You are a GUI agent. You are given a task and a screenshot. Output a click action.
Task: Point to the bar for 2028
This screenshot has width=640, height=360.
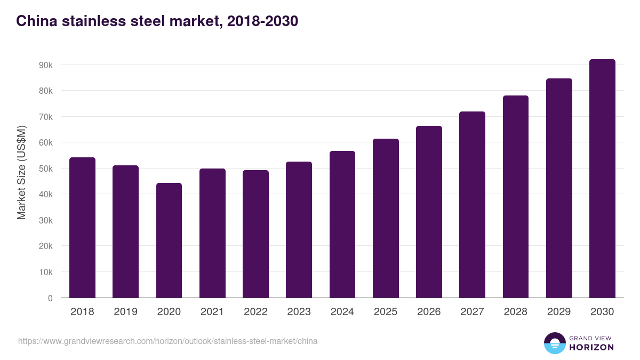[x=516, y=197]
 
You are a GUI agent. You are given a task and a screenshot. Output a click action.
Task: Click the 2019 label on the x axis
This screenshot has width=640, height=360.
[x=125, y=312]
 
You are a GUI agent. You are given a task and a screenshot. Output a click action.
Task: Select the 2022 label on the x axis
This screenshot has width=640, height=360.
[x=255, y=312]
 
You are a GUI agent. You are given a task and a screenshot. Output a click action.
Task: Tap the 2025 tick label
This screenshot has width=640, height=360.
[x=386, y=312]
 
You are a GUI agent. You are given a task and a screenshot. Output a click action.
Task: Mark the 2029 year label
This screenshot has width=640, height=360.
[x=559, y=312]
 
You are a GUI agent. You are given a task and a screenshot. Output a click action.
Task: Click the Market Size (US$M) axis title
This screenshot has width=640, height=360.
[x=21, y=173]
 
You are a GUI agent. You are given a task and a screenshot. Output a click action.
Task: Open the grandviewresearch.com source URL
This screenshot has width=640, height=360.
[x=167, y=341]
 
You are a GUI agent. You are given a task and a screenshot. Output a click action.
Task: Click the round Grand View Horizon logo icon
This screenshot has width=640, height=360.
[x=554, y=343]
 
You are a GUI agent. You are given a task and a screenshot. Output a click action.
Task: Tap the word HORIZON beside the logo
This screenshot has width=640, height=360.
[x=591, y=347]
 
